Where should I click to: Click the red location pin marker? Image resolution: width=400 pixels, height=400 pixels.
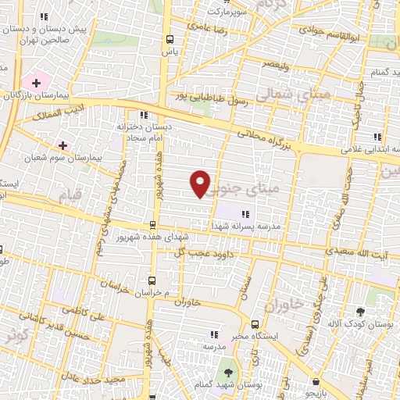click(201, 183)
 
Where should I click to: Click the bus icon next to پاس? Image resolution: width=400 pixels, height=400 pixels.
click(170, 39)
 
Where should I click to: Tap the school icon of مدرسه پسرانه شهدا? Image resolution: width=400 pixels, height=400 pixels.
click(245, 212)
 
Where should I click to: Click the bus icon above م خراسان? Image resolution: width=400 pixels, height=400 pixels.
click(151, 280)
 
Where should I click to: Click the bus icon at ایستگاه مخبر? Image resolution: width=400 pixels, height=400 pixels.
click(255, 324)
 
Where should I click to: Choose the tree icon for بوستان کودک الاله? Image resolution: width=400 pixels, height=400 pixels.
click(360, 311)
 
